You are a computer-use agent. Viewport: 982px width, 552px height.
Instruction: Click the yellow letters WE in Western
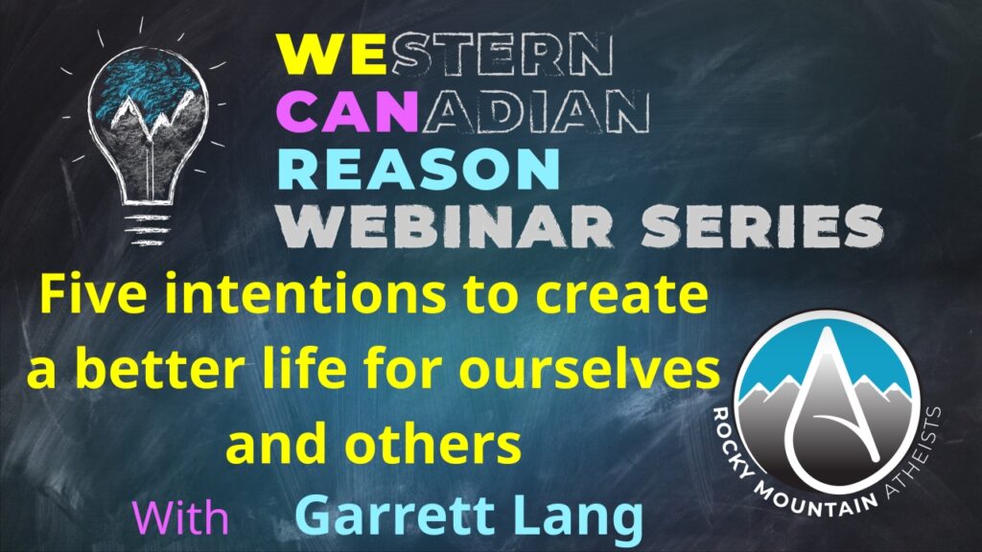click(332, 54)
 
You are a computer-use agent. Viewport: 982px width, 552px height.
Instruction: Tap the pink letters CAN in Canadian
click(347, 111)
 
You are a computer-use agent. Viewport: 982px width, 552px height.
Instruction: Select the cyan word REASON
click(419, 170)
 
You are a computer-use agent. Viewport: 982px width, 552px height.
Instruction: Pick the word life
click(293, 369)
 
